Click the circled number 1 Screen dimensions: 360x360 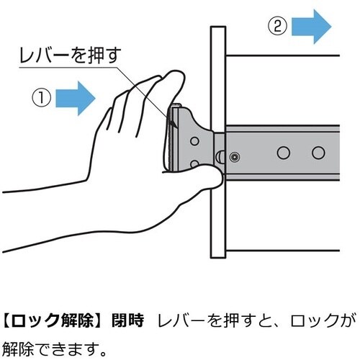[x=41, y=98]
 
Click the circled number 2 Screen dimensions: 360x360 [x=277, y=27]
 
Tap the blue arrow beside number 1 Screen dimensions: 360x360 [x=76, y=98]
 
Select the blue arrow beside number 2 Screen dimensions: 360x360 [x=311, y=27]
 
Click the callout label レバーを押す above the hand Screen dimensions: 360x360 [x=70, y=55]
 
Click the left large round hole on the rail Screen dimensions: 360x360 [x=284, y=153]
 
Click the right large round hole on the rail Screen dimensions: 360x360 [x=318, y=153]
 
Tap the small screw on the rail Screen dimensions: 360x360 [x=235, y=157]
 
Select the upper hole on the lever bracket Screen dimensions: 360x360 [x=194, y=141]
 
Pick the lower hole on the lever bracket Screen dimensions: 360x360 [x=194, y=164]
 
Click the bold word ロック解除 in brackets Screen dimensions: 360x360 [x=52, y=320]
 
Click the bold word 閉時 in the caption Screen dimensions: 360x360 [x=128, y=320]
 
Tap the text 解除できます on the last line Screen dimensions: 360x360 [x=49, y=349]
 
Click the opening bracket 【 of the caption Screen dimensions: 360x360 [x=6, y=320]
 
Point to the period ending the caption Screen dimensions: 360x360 [x=102, y=354]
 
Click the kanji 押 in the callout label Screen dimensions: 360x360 [x=96, y=55]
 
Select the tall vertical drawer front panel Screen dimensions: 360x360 [x=218, y=142]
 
